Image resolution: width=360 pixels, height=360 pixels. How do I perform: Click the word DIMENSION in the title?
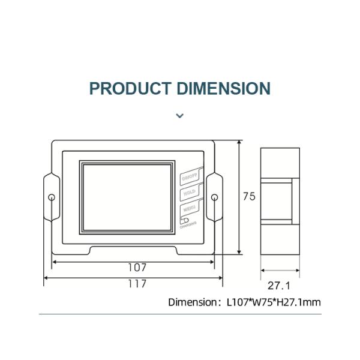point(224,89)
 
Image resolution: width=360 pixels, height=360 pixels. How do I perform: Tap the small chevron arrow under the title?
point(179,115)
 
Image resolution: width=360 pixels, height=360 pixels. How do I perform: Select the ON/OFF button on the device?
point(189,177)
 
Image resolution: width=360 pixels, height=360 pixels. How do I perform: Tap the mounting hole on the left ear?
point(52,197)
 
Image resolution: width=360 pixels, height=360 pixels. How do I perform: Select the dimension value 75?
point(248,196)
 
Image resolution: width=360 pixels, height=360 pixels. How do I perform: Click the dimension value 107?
point(137,268)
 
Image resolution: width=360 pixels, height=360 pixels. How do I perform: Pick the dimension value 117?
point(137,284)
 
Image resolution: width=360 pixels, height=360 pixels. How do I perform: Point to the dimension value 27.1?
point(278,286)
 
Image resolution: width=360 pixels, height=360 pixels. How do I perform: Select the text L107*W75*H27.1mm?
point(274,302)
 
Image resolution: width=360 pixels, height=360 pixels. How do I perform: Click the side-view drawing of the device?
point(279,201)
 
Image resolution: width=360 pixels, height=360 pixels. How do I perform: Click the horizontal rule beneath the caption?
point(180,314)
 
